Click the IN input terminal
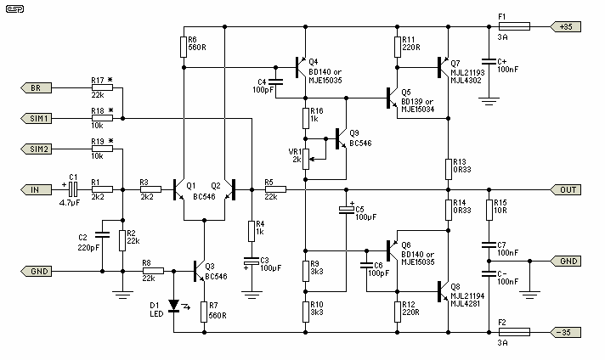pyautogui.click(x=35, y=189)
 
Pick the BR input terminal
pyautogui.click(x=35, y=88)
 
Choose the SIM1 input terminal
pyautogui.click(x=35, y=119)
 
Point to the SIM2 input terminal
pyautogui.click(x=35, y=149)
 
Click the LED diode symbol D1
pyautogui.click(x=174, y=303)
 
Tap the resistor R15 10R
pyautogui.click(x=489, y=209)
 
